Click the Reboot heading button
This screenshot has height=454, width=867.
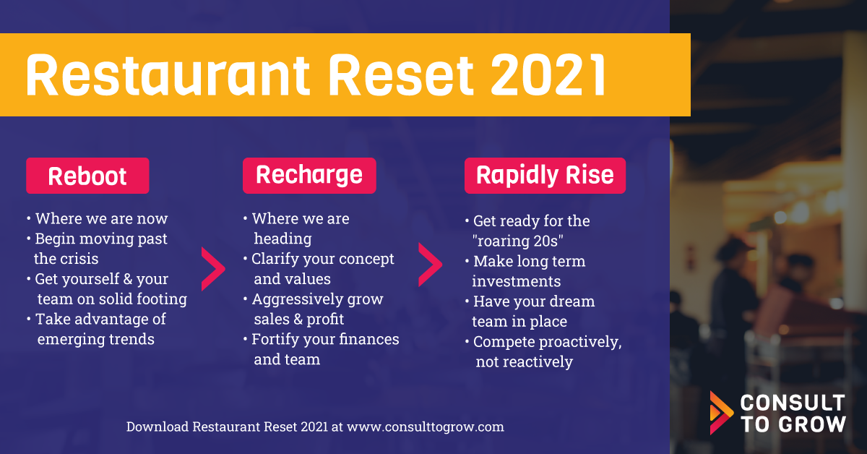87,176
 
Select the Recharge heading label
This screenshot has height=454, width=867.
309,176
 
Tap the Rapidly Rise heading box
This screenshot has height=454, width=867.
545,176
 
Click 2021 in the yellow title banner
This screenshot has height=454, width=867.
548,74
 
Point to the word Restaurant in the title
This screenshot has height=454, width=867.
168,74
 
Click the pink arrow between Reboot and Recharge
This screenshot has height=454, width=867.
213,269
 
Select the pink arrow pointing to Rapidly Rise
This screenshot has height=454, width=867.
430,265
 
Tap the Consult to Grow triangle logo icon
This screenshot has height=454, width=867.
721,413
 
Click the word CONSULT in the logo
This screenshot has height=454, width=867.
793,403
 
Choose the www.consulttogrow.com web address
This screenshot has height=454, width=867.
426,427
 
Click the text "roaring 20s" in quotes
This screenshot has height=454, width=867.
518,241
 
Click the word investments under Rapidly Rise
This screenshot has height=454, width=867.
517,281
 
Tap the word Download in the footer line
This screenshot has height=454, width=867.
158,427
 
